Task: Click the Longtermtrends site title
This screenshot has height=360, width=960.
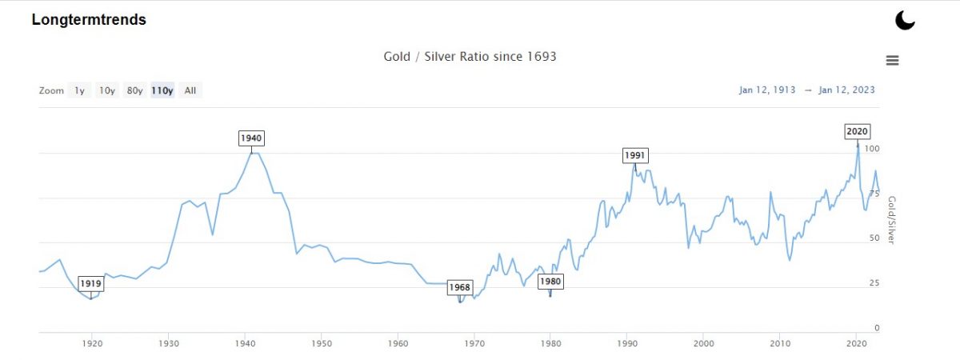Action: [89, 20]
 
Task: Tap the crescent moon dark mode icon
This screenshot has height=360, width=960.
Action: [905, 20]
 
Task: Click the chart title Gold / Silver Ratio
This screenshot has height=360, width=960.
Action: [470, 57]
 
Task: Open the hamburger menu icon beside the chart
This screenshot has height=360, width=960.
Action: [892, 60]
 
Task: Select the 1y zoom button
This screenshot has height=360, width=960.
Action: [79, 90]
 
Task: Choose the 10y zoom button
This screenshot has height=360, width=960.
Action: [106, 90]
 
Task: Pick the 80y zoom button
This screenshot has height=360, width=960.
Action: [134, 90]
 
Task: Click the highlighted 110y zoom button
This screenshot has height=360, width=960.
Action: [162, 90]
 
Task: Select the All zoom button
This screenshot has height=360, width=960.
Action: [190, 90]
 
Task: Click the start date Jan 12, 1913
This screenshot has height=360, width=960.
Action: [767, 90]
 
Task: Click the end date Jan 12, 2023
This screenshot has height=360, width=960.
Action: [846, 90]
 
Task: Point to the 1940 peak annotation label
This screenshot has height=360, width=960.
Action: [251, 138]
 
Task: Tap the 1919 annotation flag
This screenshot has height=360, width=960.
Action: [90, 283]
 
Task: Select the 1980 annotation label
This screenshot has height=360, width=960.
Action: [550, 282]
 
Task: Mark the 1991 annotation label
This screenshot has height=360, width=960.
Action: [635, 155]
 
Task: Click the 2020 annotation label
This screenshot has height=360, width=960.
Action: [858, 131]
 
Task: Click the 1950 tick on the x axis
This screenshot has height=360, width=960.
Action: [321, 343]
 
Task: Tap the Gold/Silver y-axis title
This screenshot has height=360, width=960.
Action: [894, 219]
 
